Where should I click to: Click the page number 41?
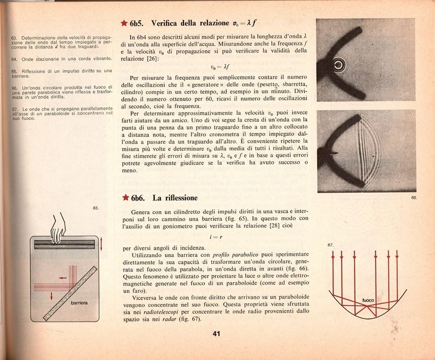pyautogui.click(x=216, y=333)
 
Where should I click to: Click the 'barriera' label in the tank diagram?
pyautogui.click(x=79, y=303)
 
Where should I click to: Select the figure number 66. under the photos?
pyautogui.click(x=413, y=198)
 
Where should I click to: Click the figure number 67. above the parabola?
pyautogui.click(x=331, y=245)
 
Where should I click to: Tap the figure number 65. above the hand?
pyautogui.click(x=96, y=208)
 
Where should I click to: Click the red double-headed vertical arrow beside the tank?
pyautogui.click(x=101, y=245)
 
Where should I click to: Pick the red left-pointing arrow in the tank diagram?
pyautogui.click(x=62, y=278)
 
